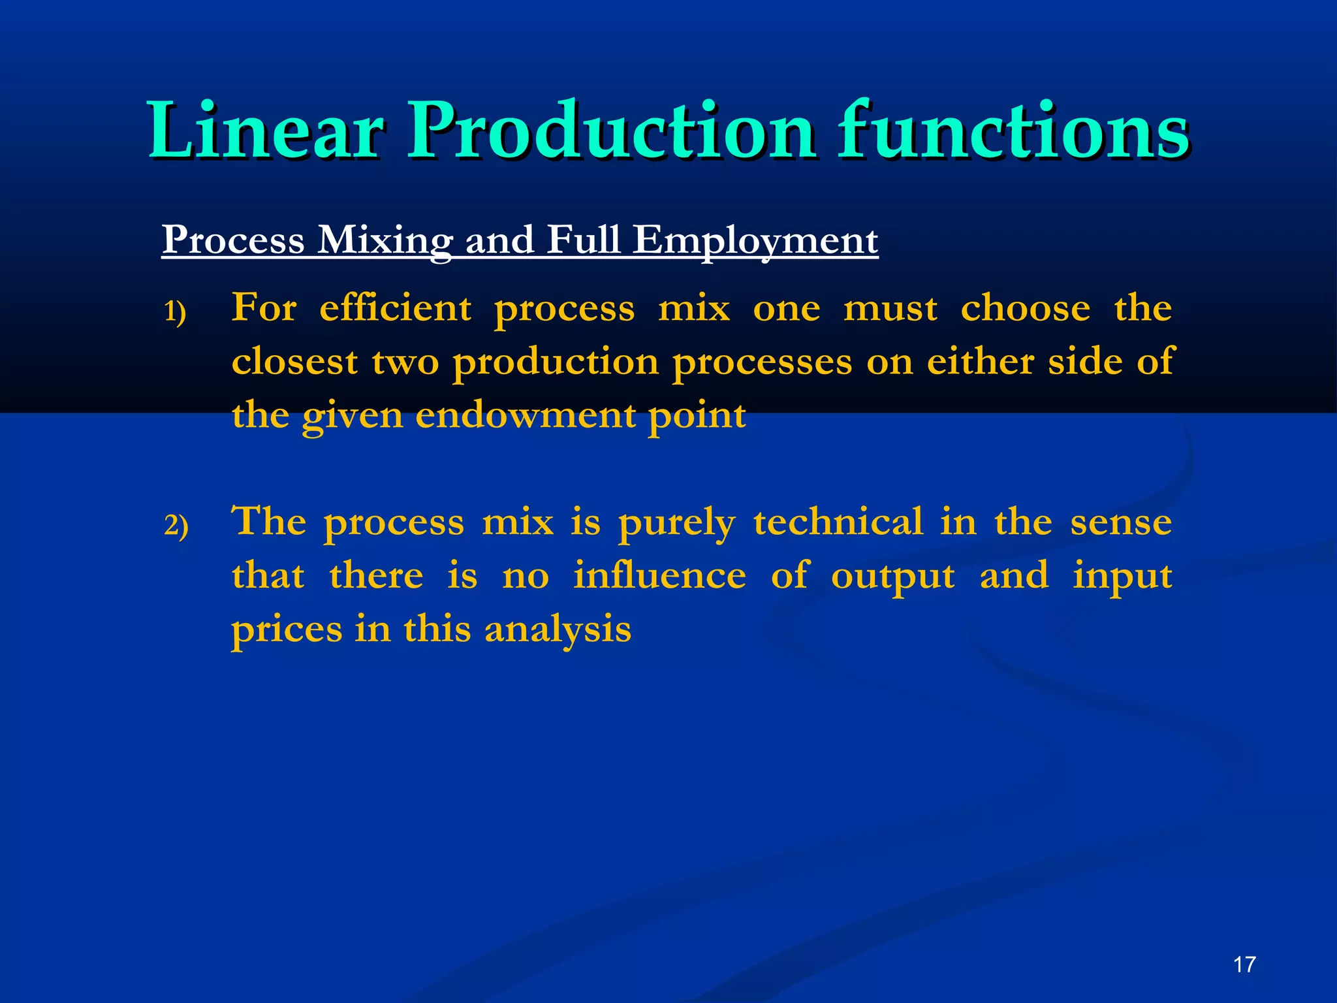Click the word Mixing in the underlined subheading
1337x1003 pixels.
(x=385, y=240)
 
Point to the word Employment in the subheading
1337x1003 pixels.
(x=755, y=240)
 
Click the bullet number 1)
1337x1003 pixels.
(x=175, y=312)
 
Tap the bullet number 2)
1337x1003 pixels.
(x=176, y=526)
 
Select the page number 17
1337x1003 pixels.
(x=1244, y=964)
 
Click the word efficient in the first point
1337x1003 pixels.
(x=395, y=308)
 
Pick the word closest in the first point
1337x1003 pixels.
(x=294, y=362)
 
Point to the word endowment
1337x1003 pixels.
(x=526, y=415)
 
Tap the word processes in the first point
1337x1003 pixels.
(x=762, y=363)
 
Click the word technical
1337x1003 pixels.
(x=838, y=522)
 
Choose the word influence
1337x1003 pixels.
(x=659, y=576)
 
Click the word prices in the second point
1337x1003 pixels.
(x=287, y=631)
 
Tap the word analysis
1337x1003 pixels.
(x=558, y=631)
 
